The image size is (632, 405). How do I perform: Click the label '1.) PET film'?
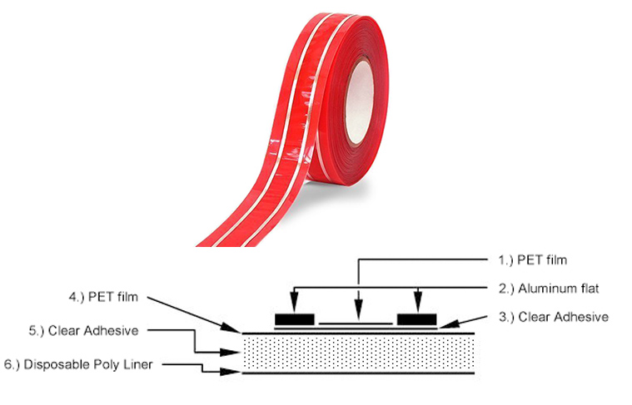click(532, 260)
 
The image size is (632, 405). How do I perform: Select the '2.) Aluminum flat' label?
click(549, 289)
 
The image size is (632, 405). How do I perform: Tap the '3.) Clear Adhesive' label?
click(554, 317)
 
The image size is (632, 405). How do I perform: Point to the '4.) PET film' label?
click(103, 297)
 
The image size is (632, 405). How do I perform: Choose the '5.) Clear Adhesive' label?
click(83, 331)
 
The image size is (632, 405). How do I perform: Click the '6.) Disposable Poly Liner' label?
click(78, 365)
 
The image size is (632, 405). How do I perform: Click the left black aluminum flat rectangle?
click(295, 319)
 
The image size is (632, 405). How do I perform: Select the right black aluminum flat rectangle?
click(417, 319)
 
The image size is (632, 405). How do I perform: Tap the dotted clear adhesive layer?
click(358, 353)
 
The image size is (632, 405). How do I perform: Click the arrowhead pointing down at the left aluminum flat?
click(295, 304)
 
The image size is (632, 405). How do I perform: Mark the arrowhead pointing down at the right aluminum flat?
click(418, 304)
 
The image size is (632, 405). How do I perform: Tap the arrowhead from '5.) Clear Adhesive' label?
click(231, 353)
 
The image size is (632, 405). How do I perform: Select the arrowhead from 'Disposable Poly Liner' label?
click(231, 372)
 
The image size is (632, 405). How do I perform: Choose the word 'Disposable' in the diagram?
click(57, 365)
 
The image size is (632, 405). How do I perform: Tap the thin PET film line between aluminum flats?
click(356, 324)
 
